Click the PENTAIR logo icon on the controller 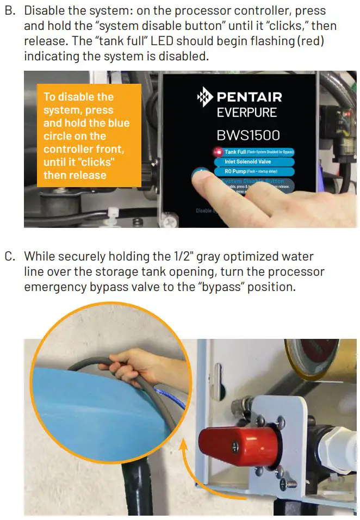tap(205, 98)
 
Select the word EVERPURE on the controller tap(246, 113)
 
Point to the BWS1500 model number tap(249, 134)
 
